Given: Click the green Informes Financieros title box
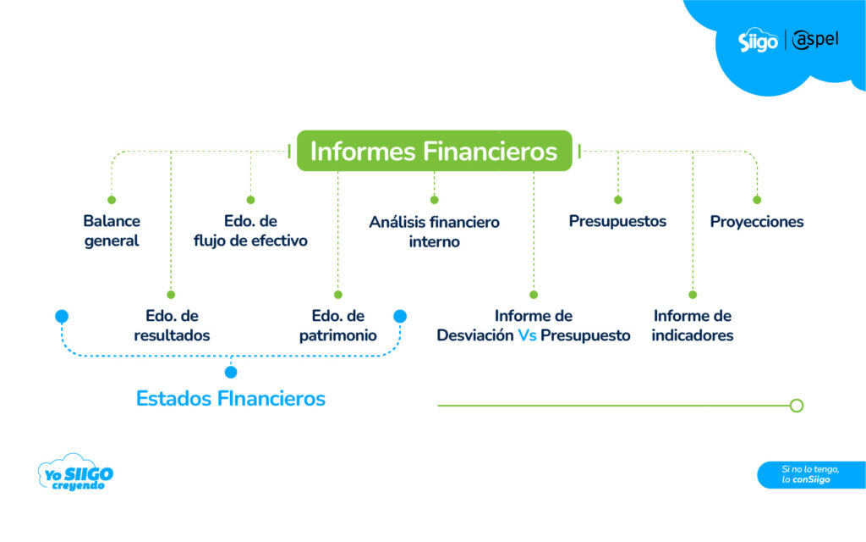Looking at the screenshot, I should pyautogui.click(x=434, y=151).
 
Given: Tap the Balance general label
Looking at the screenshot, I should pyautogui.click(x=112, y=230).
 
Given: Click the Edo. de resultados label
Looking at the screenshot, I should pyautogui.click(x=172, y=325).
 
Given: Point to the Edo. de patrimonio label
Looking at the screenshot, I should pyautogui.click(x=337, y=325).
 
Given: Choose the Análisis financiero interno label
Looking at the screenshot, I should pyautogui.click(x=434, y=231).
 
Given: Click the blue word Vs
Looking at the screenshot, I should pyautogui.click(x=528, y=335).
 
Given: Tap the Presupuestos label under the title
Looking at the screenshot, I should pyautogui.click(x=617, y=221).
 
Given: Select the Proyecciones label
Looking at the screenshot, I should pyautogui.click(x=757, y=222).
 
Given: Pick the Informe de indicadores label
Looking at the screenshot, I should pyautogui.click(x=693, y=325).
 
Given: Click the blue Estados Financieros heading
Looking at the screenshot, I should pyautogui.click(x=231, y=398).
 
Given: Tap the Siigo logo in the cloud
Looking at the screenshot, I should pyautogui.click(x=758, y=41).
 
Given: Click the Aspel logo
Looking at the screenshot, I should pyautogui.click(x=816, y=39).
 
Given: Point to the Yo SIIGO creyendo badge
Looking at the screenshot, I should pyautogui.click(x=75, y=473).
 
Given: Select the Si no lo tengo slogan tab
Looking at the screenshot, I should pyautogui.click(x=810, y=474).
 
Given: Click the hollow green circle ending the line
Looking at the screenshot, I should pyautogui.click(x=796, y=406).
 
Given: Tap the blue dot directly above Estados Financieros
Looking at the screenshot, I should pyautogui.click(x=231, y=372).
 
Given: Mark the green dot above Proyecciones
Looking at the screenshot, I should pyautogui.click(x=757, y=200).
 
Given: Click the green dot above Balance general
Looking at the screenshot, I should pyautogui.click(x=112, y=200).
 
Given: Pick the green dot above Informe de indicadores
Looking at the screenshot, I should pyautogui.click(x=693, y=295).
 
